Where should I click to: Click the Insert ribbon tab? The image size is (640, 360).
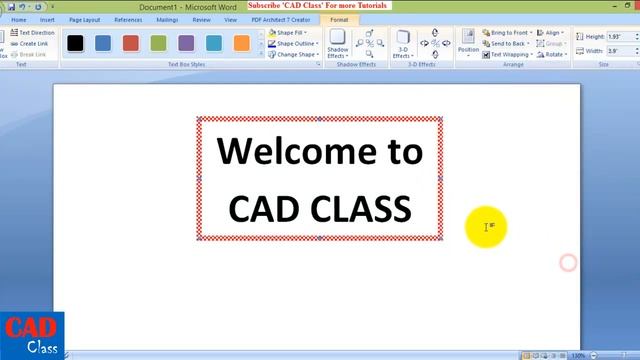(47, 19)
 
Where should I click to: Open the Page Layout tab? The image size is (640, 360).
(84, 19)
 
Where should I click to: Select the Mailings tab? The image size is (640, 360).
(167, 19)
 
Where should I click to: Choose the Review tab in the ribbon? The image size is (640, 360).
(201, 19)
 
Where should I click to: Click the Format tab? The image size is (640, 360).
(338, 19)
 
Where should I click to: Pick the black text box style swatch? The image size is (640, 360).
(75, 43)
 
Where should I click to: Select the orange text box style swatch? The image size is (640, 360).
(241, 43)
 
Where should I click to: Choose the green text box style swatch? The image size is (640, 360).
(158, 43)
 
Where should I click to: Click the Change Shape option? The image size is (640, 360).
(293, 55)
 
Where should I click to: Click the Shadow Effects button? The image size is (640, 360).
(338, 44)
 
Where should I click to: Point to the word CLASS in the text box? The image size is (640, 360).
(361, 208)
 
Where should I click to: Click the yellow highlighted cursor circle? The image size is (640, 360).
(487, 227)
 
